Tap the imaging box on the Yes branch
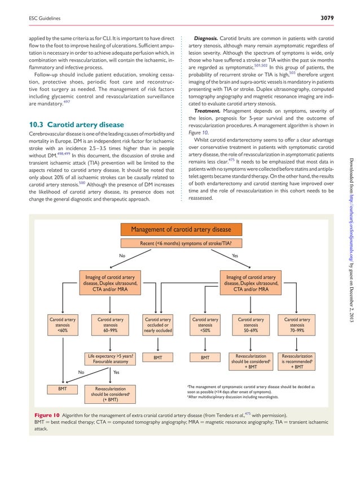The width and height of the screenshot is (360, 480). pos(251,283)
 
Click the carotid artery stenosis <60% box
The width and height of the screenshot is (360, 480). pos(62,325)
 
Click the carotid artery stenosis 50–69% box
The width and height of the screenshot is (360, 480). pos(251,325)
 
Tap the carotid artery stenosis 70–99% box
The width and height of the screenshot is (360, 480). pos(297,325)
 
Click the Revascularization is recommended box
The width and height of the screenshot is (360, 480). pos(297,362)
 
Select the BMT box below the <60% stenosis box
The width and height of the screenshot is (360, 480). pos(62,389)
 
